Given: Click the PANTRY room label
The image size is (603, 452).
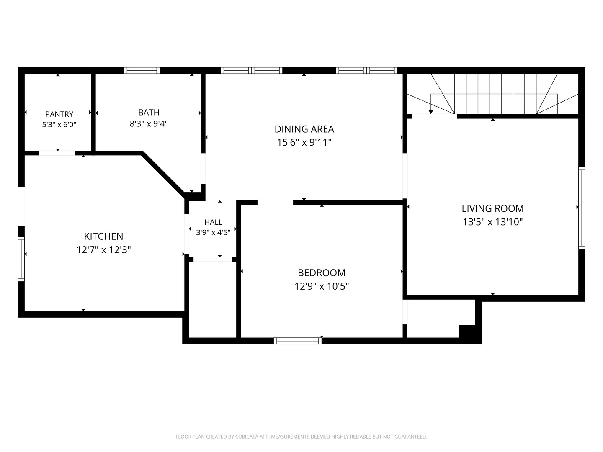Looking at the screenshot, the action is point(59,114).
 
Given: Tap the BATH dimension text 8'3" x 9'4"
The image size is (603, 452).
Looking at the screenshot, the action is point(149,124).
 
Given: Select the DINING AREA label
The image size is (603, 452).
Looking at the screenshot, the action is point(304,129).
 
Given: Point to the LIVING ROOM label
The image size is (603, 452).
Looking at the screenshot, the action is point(492,208).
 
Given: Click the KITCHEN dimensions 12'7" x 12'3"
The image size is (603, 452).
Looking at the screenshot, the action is point(103,250).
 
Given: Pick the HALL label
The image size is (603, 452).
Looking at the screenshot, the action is point(213,222).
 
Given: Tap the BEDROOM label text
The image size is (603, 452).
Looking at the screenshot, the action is point(322,273).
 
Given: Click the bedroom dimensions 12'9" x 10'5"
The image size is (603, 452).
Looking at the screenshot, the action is point(322,286).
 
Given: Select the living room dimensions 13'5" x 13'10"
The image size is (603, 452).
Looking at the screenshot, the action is point(492,222).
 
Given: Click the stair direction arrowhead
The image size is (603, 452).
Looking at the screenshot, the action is point(431,112).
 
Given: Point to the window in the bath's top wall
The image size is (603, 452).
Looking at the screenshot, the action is point(142,71).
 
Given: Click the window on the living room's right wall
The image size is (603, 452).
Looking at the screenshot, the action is point(582,208).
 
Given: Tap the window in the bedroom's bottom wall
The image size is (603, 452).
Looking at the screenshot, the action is point(297,341).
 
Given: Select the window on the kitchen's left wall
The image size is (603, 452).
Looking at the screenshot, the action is point(21,259).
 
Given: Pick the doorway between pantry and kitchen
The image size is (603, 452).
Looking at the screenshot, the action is point(57,153).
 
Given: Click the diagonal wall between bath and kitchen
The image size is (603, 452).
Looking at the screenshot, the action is point(163,175).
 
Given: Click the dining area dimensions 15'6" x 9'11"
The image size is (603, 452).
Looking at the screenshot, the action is point(304,142).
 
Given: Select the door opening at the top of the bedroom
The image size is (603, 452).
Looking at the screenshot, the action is point(275,203).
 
